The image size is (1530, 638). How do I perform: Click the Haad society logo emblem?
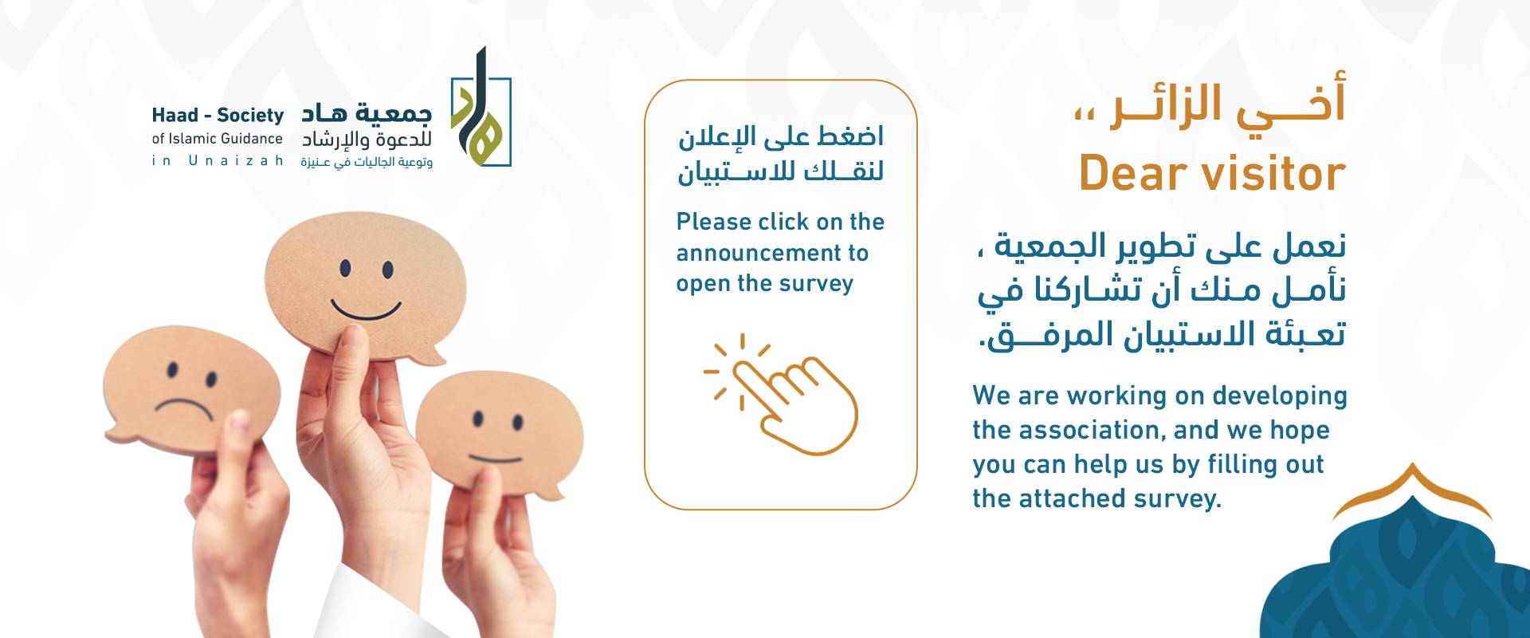pyautogui.click(x=481, y=112)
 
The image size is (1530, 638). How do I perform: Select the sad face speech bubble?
pyautogui.click(x=191, y=383)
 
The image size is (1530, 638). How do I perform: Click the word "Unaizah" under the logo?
pyautogui.click(x=236, y=161)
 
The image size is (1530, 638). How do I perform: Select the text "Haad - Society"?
pyautogui.click(x=218, y=116)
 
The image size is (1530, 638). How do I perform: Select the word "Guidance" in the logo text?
pyautogui.click(x=250, y=139)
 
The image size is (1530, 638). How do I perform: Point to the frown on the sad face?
pyautogui.click(x=184, y=406)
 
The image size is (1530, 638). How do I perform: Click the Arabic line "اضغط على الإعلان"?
pyautogui.click(x=781, y=137)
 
